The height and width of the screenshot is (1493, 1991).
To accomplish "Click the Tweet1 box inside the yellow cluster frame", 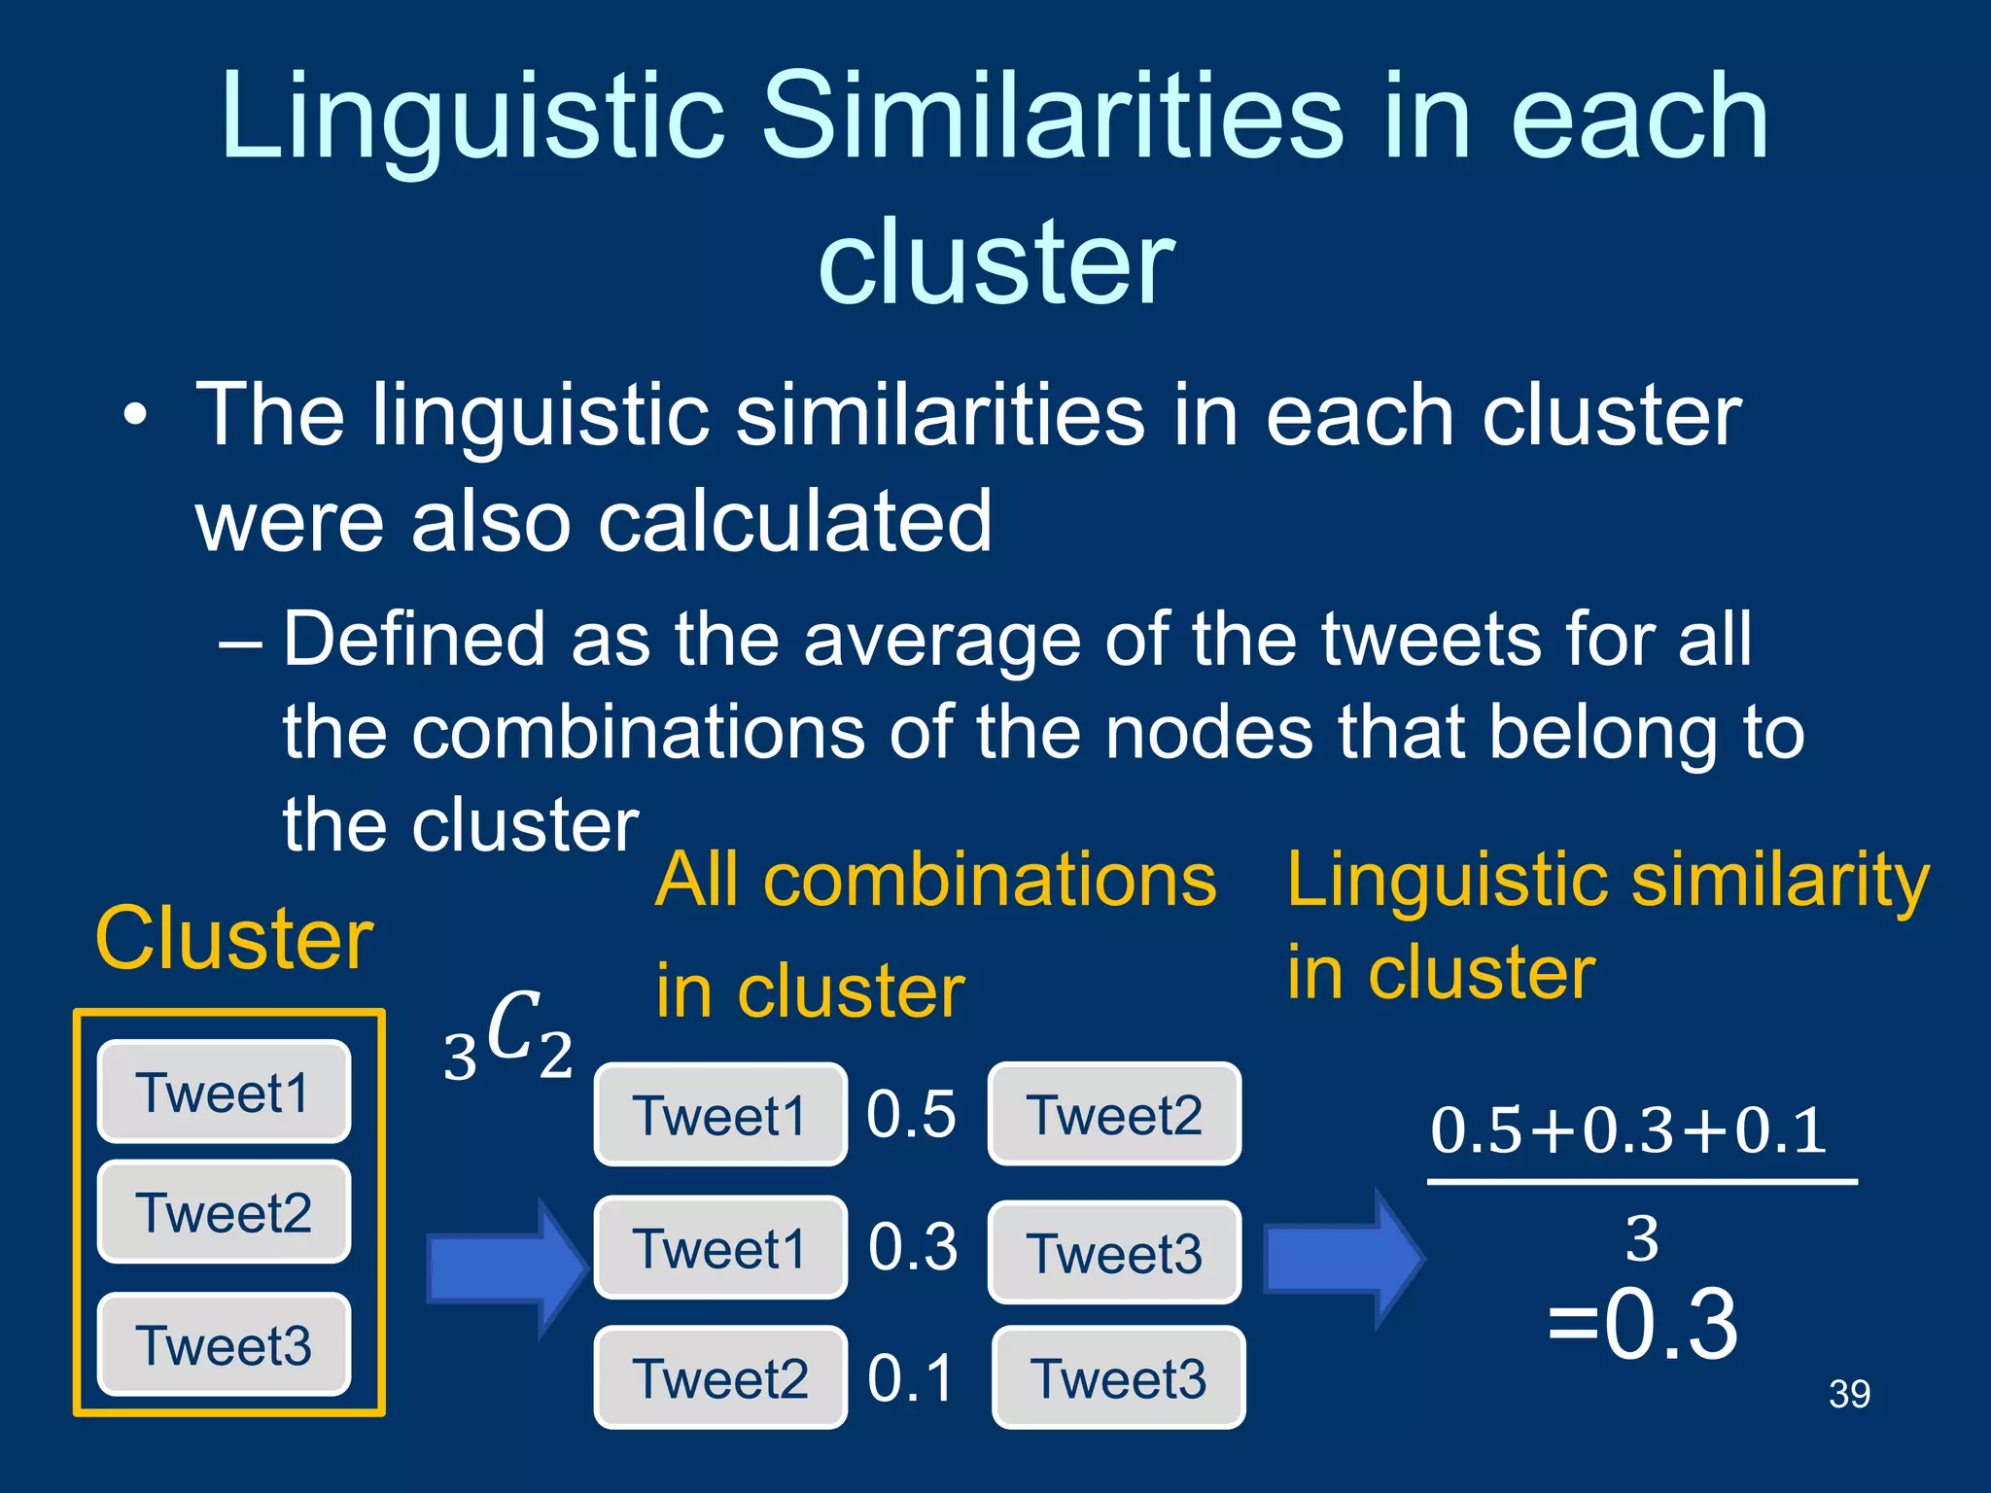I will coord(224,1092).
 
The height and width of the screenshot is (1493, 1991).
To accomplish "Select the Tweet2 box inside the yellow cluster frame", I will coord(224,1212).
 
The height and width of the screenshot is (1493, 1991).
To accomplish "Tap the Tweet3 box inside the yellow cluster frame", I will coord(224,1344).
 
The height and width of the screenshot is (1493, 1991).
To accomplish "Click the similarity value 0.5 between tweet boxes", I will coord(911,1114).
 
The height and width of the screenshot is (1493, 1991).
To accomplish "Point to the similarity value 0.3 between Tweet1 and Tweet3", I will coord(913,1247).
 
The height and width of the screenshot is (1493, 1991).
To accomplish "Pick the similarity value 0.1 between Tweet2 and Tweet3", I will coord(911,1378).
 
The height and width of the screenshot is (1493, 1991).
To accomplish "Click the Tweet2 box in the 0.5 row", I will coord(1114,1114).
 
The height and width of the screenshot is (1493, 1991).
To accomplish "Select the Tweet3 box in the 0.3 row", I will coord(1114,1252).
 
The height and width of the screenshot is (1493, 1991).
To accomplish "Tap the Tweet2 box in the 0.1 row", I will coord(720,1378).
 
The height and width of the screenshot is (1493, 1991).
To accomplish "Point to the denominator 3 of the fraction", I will coord(1642,1239).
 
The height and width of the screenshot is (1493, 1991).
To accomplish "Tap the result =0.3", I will coord(1642,1324).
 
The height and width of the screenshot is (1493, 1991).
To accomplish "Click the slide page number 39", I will coord(1849,1394).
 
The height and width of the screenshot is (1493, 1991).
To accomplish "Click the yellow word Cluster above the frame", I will coord(234,939).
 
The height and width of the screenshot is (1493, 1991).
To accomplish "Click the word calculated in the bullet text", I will coord(794,522).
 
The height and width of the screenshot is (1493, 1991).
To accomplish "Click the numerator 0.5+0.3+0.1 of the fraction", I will coord(1628,1130).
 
